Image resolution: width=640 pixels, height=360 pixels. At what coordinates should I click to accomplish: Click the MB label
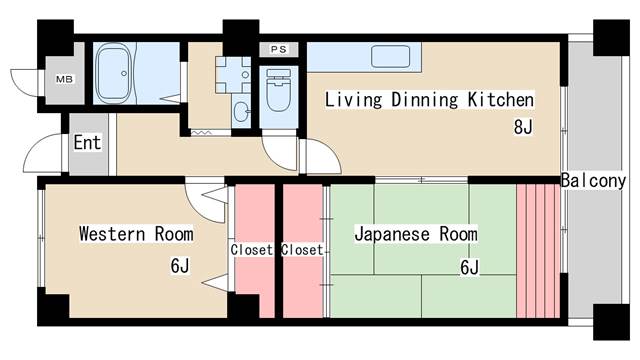click(64, 79)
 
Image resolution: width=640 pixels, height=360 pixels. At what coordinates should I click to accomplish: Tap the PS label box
click(279, 49)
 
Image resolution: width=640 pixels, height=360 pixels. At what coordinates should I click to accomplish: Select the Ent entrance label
click(87, 142)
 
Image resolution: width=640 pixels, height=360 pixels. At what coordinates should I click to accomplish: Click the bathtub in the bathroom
click(114, 73)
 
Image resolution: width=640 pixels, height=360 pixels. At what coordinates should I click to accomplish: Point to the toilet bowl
click(279, 90)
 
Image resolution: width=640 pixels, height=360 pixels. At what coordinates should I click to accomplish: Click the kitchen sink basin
click(390, 56)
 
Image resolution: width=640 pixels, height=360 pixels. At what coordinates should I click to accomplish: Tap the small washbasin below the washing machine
click(242, 111)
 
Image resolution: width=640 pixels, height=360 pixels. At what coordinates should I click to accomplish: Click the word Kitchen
click(500, 100)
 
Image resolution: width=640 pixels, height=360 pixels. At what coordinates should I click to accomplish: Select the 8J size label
click(523, 127)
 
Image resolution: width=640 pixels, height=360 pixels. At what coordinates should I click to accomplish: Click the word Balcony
click(593, 180)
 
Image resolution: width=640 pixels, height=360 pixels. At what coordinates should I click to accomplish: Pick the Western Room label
click(136, 234)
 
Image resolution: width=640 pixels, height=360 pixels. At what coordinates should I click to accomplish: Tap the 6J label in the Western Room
click(180, 266)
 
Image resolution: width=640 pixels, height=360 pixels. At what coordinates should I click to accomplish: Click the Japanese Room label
click(416, 234)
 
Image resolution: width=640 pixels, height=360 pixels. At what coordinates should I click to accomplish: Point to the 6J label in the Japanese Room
click(469, 267)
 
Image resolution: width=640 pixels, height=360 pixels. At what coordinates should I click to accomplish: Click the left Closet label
click(251, 250)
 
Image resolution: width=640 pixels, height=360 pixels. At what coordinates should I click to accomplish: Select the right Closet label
click(302, 250)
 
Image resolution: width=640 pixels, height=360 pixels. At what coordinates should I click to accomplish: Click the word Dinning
click(424, 100)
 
